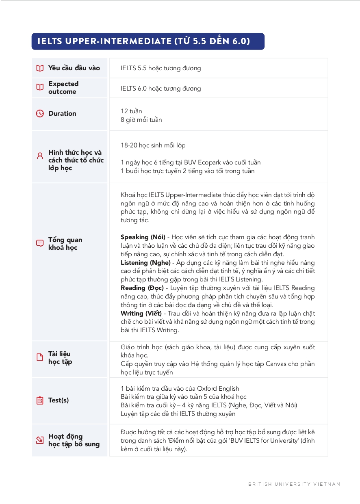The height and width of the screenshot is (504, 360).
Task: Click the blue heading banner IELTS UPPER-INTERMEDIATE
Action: click(x=148, y=41)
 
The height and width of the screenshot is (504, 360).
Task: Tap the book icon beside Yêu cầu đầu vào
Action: click(x=40, y=68)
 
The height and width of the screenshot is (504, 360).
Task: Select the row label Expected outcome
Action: click(x=63, y=88)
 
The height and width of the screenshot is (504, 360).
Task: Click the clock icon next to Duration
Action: click(x=40, y=114)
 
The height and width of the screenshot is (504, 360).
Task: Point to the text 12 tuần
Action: click(x=131, y=111)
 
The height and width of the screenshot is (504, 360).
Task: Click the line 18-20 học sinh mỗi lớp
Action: click(x=153, y=145)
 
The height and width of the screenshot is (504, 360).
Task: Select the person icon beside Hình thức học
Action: click(x=40, y=156)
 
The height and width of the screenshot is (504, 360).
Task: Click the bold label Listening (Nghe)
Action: click(x=145, y=263)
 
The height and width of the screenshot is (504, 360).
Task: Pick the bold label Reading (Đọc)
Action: click(x=142, y=288)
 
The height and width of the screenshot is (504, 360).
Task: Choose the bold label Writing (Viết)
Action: click(x=141, y=314)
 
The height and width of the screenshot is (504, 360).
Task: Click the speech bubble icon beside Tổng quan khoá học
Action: click(x=40, y=243)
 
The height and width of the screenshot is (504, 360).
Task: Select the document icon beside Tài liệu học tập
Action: click(x=40, y=357)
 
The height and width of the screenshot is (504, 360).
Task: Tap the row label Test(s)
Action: click(x=59, y=400)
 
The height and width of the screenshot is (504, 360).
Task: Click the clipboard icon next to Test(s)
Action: click(x=40, y=400)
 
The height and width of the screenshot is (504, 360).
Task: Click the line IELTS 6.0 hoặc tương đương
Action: click(x=160, y=89)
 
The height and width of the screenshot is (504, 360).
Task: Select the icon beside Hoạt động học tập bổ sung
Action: click(x=40, y=440)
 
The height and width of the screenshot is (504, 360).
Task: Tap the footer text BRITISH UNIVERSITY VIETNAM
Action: click(x=294, y=484)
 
